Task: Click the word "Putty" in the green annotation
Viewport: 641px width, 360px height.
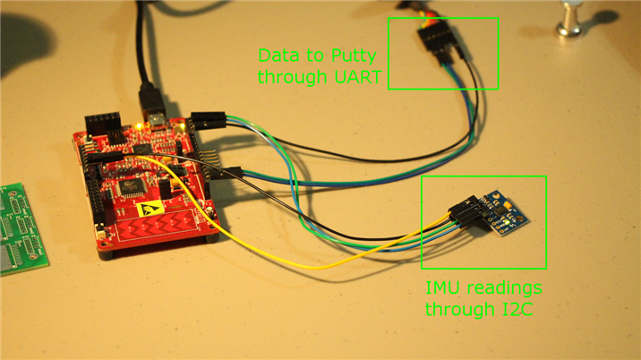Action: [x=354, y=56]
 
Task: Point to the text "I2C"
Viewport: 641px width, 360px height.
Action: [x=517, y=309]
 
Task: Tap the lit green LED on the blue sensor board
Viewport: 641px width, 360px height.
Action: [x=507, y=221]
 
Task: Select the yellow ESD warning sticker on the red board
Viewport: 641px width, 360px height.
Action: [x=149, y=209]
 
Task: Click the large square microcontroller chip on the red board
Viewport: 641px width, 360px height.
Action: [x=132, y=188]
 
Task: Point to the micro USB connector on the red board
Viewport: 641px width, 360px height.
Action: [x=156, y=120]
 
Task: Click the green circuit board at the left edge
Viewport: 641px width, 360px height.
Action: [x=20, y=230]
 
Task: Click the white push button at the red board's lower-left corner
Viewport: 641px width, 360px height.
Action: [x=99, y=236]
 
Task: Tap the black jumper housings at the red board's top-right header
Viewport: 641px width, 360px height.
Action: [x=209, y=120]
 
